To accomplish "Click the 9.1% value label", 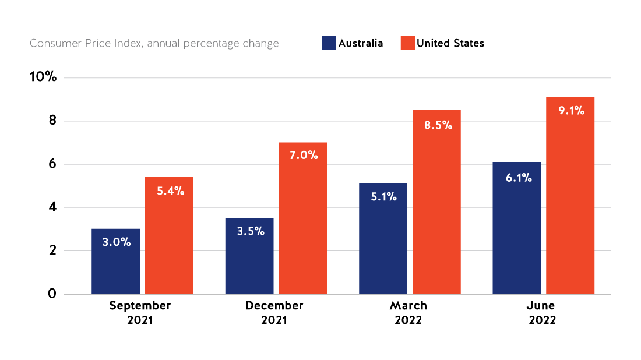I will coord(570,111).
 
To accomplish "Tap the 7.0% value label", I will coord(303,156).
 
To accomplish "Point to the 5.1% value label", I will coord(383,197).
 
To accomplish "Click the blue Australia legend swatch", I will coord(329,43).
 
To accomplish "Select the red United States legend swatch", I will coord(407,43).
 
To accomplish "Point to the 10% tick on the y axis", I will coord(43,77).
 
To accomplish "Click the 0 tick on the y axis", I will coord(52,294).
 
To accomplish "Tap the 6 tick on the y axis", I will coord(52,164).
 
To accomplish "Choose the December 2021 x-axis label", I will coord(274,312).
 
